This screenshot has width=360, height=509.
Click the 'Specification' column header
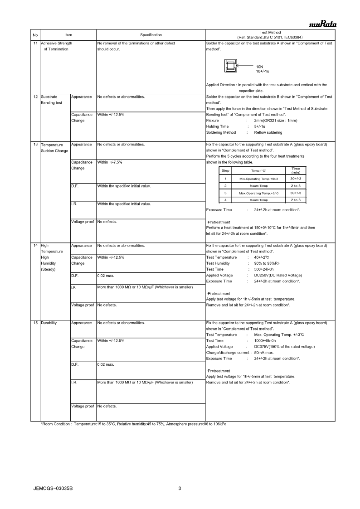tap(151, 35)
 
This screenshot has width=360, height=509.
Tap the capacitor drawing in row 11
tap(230, 67)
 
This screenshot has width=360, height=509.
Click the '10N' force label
tap(259, 67)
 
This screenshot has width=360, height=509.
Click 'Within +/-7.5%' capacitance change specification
tap(110, 162)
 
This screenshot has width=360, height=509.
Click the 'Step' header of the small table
tap(225, 170)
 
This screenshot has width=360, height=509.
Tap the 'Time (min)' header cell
tap(296, 170)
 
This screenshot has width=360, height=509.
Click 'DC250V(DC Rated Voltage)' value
tap(278, 275)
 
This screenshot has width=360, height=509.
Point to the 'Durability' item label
tap(49, 323)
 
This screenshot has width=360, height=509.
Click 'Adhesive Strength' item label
tap(56, 43)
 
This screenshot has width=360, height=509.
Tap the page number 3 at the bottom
tap(180, 489)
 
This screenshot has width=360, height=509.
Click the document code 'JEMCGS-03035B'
tap(53, 489)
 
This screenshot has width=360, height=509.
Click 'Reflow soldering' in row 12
tap(268, 132)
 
